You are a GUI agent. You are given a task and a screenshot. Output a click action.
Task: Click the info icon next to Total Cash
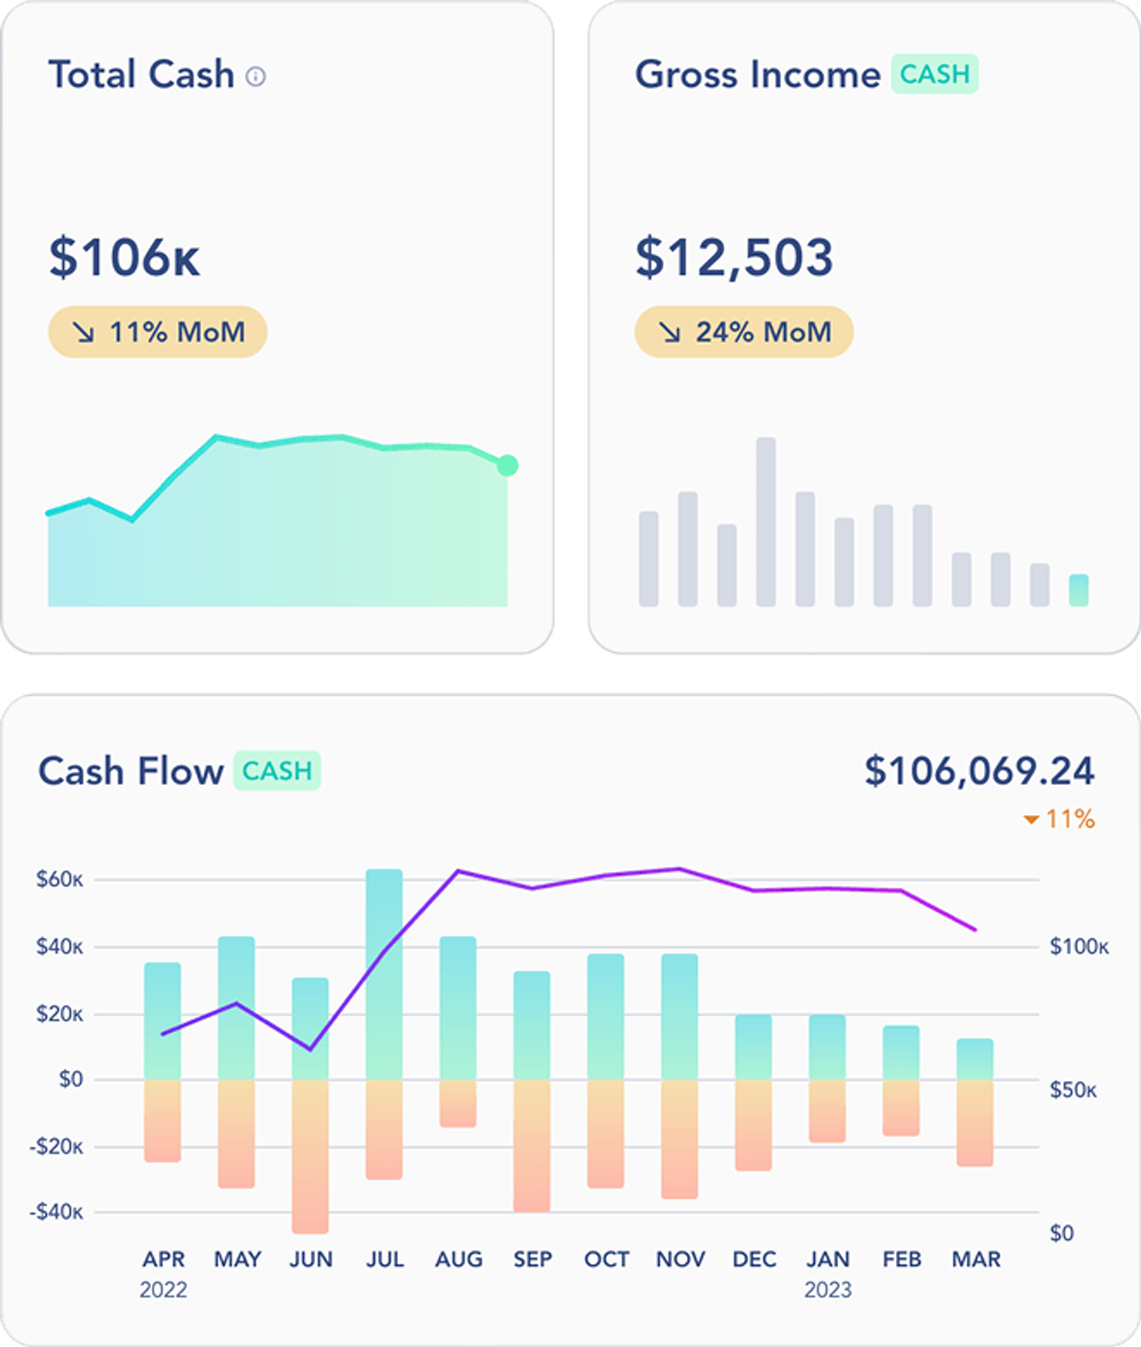click(x=255, y=77)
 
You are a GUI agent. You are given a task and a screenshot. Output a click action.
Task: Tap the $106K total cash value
click(x=124, y=257)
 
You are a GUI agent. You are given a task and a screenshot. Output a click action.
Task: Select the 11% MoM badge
click(x=158, y=332)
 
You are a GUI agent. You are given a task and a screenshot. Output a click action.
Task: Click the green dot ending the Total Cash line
click(x=507, y=465)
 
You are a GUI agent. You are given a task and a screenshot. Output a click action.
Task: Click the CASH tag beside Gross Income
click(x=934, y=74)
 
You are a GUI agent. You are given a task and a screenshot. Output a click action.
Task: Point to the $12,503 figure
click(x=734, y=257)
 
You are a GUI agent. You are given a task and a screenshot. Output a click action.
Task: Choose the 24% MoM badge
click(x=744, y=332)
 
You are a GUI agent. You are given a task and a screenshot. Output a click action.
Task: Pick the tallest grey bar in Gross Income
click(x=766, y=522)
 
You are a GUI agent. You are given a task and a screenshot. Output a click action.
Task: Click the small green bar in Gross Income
click(x=1078, y=590)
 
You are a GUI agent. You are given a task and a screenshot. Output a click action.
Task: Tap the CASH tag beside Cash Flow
click(x=276, y=770)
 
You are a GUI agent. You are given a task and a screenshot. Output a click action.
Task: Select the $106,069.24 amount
click(x=979, y=771)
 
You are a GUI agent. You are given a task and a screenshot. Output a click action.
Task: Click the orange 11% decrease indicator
click(x=1059, y=819)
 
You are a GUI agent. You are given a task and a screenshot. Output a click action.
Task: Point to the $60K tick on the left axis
click(x=60, y=880)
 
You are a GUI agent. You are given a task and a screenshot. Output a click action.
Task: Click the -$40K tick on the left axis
click(x=56, y=1212)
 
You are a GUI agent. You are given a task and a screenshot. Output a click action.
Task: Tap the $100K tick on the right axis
click(x=1079, y=947)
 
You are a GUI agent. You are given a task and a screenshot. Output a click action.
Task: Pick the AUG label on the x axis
click(x=458, y=1259)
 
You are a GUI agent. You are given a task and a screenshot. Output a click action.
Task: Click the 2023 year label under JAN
click(x=828, y=1289)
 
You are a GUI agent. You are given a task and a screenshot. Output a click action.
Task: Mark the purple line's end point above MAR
click(x=975, y=930)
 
